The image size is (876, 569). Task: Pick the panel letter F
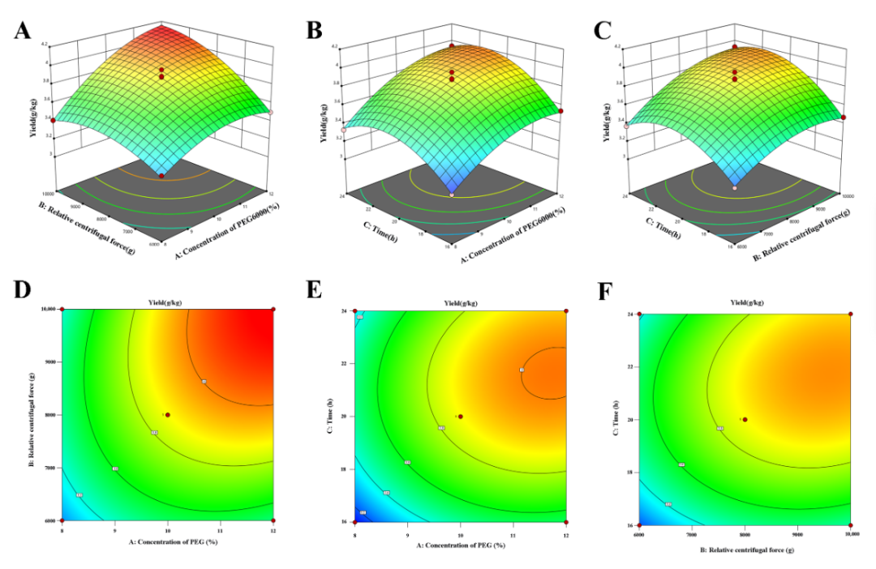pyautogui.click(x=605, y=293)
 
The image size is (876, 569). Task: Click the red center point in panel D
pyautogui.click(x=168, y=415)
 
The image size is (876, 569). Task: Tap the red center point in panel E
pyautogui.click(x=461, y=417)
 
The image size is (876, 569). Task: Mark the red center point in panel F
pyautogui.click(x=745, y=420)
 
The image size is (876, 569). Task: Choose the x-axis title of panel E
pyautogui.click(x=460, y=545)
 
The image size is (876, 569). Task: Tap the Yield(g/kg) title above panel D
pyautogui.click(x=167, y=302)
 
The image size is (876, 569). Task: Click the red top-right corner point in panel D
pyautogui.click(x=273, y=310)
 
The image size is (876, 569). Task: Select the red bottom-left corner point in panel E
pyautogui.click(x=355, y=522)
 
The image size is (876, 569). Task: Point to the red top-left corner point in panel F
pyautogui.click(x=639, y=314)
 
